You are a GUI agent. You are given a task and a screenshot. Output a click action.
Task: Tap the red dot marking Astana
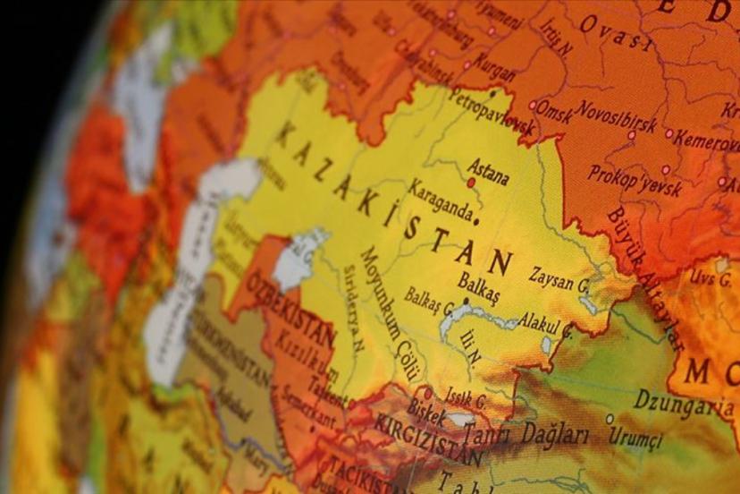[471, 183]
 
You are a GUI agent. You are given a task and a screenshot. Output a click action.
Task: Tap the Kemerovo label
[706, 139]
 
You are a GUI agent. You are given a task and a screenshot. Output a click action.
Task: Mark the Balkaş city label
[479, 285]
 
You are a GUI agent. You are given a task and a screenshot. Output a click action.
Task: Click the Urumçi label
[635, 438]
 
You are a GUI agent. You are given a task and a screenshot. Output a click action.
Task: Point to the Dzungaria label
[684, 405]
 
